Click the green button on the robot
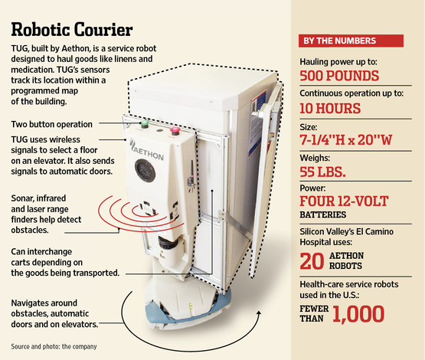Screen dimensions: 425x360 (145, 124)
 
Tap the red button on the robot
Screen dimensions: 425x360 (175, 131)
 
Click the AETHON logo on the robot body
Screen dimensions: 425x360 (146, 150)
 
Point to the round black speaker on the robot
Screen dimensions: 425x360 (145, 171)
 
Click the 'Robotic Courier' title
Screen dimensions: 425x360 (72, 29)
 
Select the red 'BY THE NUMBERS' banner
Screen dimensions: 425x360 (351, 41)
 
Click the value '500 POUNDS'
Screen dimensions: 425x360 (339, 76)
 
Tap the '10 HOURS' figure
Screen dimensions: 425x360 (330, 109)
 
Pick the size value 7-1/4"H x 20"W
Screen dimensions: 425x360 (346, 140)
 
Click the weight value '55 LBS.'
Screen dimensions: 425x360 (322, 172)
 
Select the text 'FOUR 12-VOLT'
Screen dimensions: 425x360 (344, 201)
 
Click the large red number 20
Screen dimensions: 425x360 (312, 261)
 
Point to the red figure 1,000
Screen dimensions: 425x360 (358, 314)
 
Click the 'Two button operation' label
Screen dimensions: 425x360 (52, 124)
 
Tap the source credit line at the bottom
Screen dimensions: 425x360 (54, 346)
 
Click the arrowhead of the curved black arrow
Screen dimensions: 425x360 (259, 313)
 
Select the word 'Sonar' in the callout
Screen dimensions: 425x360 (22, 198)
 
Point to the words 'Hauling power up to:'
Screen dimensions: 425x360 (338, 62)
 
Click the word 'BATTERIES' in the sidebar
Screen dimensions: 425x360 (323, 214)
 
